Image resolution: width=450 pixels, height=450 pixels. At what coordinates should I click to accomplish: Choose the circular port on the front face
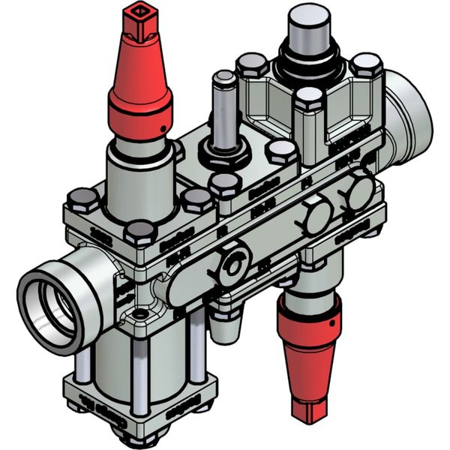(235, 264)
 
